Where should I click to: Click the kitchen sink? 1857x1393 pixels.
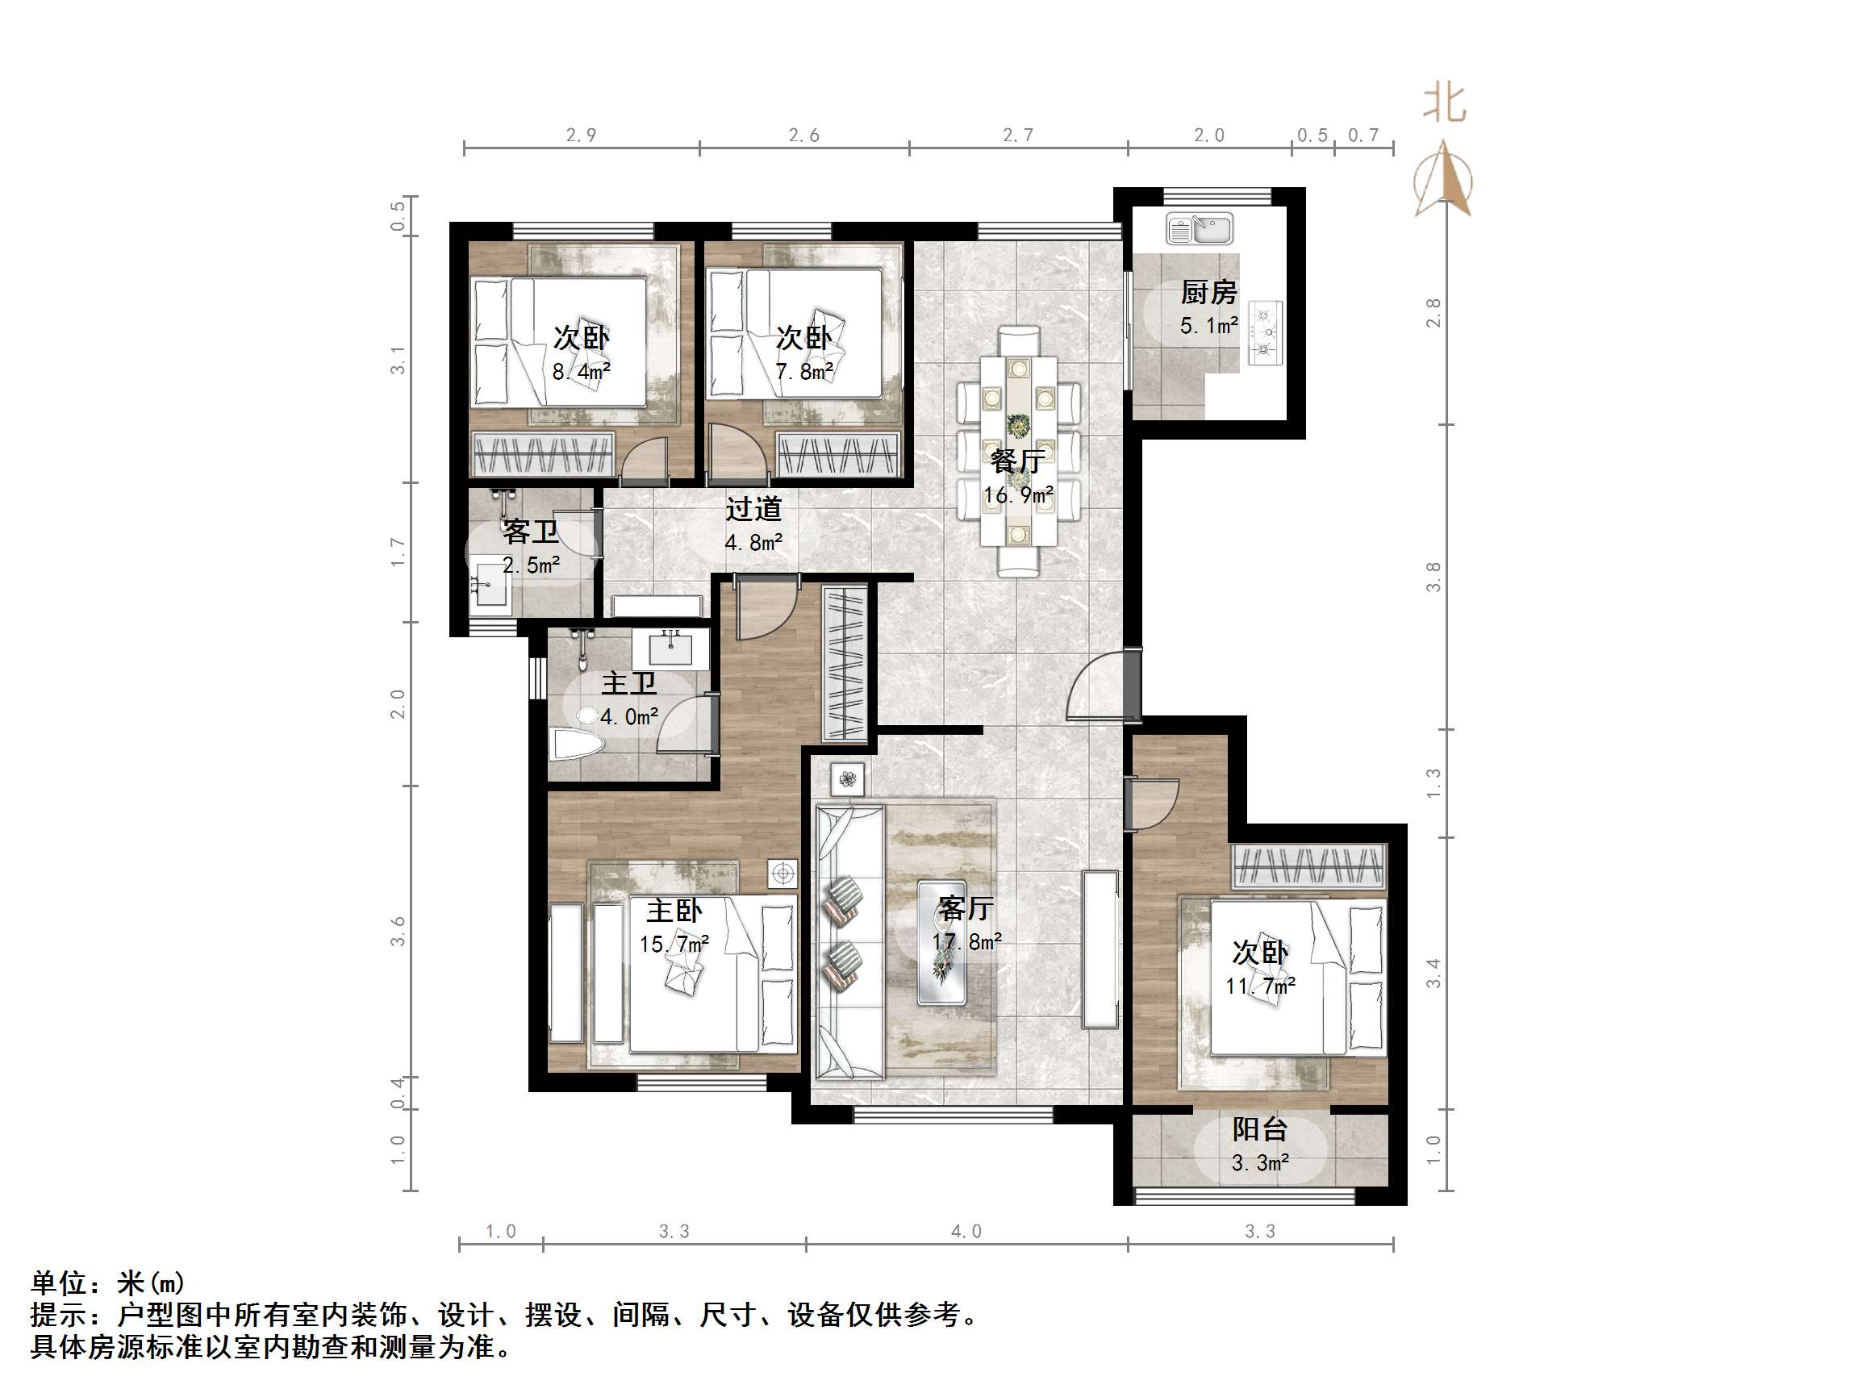click(x=1199, y=228)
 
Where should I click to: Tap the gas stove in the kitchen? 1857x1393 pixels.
click(x=1265, y=332)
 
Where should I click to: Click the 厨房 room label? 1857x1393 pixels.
click(x=1208, y=292)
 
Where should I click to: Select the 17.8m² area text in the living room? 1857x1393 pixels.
click(x=966, y=942)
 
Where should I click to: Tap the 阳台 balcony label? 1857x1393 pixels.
click(x=1259, y=1130)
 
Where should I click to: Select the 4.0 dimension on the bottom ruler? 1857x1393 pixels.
click(x=966, y=1232)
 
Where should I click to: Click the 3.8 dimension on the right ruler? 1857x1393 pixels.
click(x=1433, y=577)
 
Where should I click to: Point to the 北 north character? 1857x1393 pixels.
click(x=1444, y=104)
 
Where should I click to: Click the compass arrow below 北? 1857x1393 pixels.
click(x=1443, y=179)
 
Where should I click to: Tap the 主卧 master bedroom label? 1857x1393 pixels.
click(x=674, y=910)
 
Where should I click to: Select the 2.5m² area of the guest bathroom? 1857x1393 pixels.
click(x=531, y=565)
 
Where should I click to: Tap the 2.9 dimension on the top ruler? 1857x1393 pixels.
click(x=581, y=136)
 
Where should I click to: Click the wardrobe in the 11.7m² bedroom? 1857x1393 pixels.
click(x=1308, y=866)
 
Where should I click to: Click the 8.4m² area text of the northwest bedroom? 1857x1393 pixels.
click(x=581, y=370)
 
